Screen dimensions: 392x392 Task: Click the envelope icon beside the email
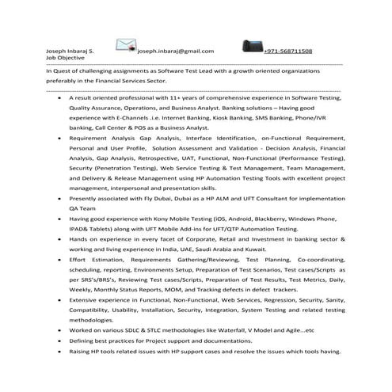pyautogui.click(x=126, y=44)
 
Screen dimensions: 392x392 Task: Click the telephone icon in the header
pyautogui.click(x=244, y=45)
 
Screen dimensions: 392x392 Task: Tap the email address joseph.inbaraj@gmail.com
pyautogui.click(x=175, y=51)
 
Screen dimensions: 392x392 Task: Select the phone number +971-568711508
pyautogui.click(x=287, y=51)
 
